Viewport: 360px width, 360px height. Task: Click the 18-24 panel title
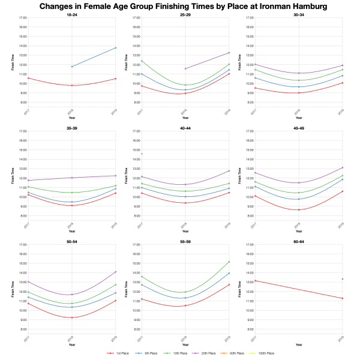(71, 14)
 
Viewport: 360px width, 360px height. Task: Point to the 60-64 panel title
(298, 241)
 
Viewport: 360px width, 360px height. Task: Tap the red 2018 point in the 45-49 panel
(298, 209)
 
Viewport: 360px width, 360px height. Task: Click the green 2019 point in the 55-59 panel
(229, 262)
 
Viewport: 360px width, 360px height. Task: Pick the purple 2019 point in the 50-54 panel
(115, 272)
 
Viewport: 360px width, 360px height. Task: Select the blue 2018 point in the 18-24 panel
(71, 67)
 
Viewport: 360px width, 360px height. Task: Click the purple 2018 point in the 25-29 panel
(185, 68)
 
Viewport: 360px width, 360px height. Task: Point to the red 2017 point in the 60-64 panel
(254, 280)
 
